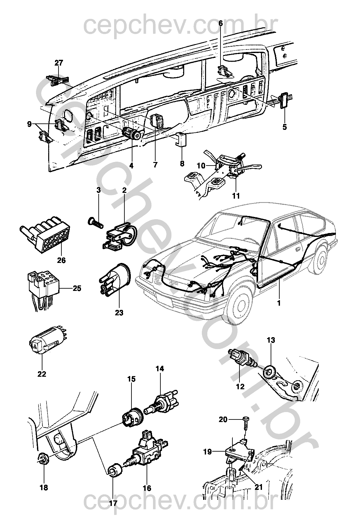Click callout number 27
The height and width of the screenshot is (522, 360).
(x=59, y=63)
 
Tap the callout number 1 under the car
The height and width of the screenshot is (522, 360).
(x=279, y=303)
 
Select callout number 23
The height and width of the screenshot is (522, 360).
(x=119, y=312)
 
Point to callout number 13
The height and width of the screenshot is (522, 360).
(x=271, y=340)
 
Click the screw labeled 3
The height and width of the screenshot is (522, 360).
(x=94, y=222)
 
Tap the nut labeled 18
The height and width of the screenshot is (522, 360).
(x=42, y=460)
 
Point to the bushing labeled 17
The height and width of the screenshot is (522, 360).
(x=114, y=471)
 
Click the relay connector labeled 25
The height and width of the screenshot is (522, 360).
(x=42, y=284)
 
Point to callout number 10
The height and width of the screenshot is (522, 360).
(x=201, y=166)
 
